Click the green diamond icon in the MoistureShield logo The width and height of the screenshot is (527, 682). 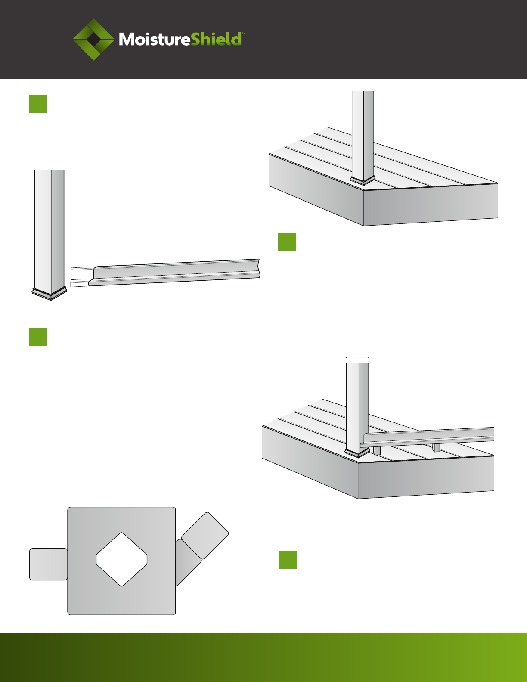pos(93,39)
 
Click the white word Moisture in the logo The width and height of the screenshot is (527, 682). pos(155,40)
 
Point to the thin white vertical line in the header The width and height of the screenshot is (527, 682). pos(257,39)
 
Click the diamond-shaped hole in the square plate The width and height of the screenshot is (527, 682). pos(121,559)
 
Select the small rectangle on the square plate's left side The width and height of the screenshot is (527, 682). pos(48,564)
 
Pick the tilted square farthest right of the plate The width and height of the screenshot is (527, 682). pos(205,536)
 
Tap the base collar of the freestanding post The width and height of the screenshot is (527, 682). pos(49,294)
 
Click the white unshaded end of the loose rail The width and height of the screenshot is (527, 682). pos(82,277)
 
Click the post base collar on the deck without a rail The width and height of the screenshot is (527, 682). pos(363,180)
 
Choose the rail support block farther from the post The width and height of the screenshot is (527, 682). pos(436,448)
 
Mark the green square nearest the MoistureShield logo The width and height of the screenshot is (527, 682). pos(38,104)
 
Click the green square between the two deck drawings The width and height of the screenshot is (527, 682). pos(287,242)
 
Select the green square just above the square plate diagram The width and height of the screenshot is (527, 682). pos(38,337)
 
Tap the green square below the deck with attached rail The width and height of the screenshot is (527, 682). pos(288,560)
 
